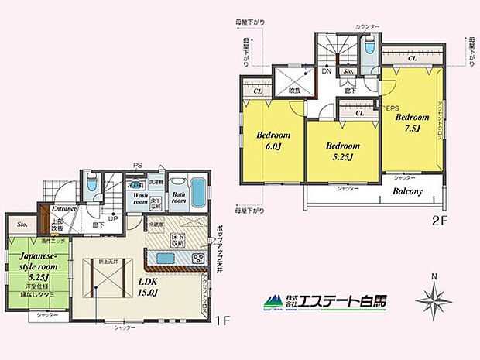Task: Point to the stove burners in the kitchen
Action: point(197,259)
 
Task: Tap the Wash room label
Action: point(142,200)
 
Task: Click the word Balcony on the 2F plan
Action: point(407,192)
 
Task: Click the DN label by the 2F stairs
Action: point(328,70)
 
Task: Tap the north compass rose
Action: point(435,299)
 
